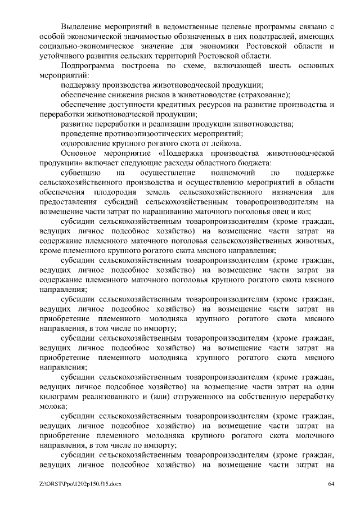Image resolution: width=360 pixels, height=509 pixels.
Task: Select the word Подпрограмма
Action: click(x=87, y=66)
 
